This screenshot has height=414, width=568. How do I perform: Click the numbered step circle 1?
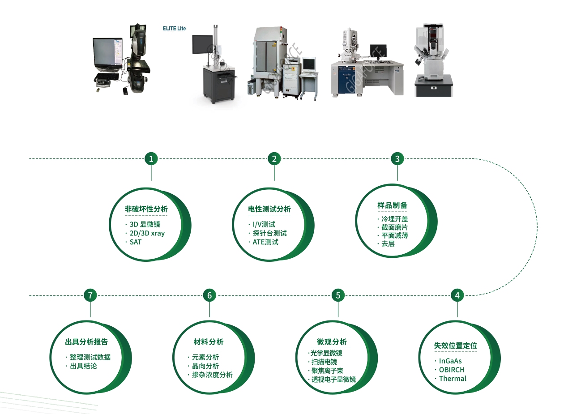[151, 159]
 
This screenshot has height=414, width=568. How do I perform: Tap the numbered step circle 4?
[457, 295]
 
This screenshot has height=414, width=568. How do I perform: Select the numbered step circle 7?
[90, 295]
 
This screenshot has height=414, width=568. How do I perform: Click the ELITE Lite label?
[174, 28]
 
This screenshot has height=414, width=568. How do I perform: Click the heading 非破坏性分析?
[146, 209]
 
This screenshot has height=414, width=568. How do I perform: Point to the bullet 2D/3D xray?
[147, 233]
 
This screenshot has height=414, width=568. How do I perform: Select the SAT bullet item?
[136, 242]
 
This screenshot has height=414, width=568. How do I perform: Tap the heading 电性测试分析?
[269, 209]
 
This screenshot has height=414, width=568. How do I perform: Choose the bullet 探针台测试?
[269, 233]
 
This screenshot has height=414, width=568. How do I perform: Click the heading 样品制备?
[392, 205]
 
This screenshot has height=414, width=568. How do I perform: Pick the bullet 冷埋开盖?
[395, 219]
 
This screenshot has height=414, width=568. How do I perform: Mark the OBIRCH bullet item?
[452, 370]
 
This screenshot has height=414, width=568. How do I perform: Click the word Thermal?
[453, 379]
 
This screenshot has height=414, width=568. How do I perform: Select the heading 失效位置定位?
[455, 346]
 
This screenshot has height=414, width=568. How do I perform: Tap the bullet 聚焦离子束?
[327, 371]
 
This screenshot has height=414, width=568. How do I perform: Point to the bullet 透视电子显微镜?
[333, 380]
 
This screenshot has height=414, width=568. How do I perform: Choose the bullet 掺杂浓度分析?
[212, 375]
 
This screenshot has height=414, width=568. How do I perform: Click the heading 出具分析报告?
[86, 342]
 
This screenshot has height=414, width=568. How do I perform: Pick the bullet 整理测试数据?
[90, 357]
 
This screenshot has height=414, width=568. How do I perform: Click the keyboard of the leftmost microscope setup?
[107, 77]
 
